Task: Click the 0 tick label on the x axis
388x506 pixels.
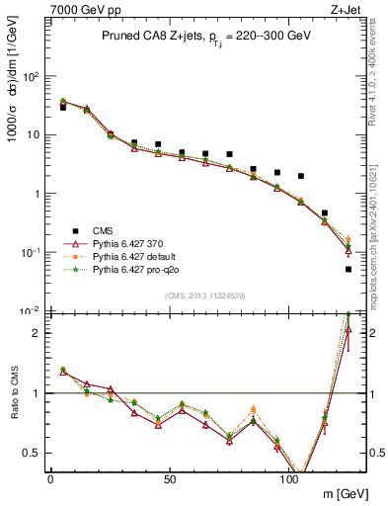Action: (x=50, y=478)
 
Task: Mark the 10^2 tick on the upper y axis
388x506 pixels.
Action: (x=30, y=76)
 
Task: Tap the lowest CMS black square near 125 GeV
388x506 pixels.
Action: (x=349, y=269)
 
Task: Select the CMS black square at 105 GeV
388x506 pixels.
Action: (x=301, y=176)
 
